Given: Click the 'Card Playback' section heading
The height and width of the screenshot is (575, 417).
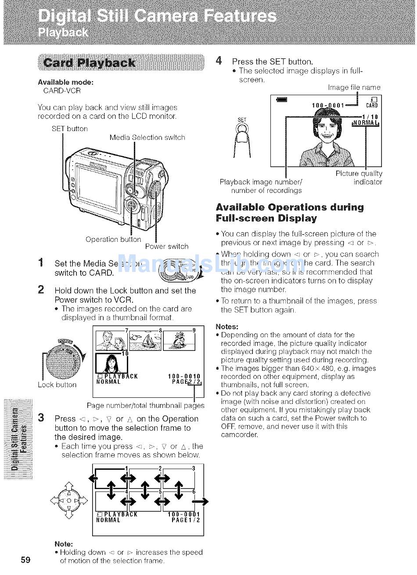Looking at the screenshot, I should (x=95, y=63).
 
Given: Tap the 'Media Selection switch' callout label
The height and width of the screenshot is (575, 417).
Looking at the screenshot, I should (x=147, y=138).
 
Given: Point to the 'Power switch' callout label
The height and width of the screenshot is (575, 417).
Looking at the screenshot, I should (x=166, y=246).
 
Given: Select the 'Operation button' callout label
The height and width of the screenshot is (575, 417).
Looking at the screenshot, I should (x=113, y=239).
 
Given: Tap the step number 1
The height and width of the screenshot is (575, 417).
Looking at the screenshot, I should (x=41, y=263).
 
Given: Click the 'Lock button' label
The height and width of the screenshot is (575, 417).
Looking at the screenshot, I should (x=57, y=385).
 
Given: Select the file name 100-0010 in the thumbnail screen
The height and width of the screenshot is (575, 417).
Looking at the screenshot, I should (x=184, y=376).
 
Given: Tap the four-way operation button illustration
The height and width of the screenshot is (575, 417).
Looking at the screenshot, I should (x=68, y=500).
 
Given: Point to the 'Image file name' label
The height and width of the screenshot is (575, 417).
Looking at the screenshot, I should (x=354, y=88).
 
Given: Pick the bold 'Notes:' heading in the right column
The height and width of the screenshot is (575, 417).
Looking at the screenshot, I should (x=227, y=327).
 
